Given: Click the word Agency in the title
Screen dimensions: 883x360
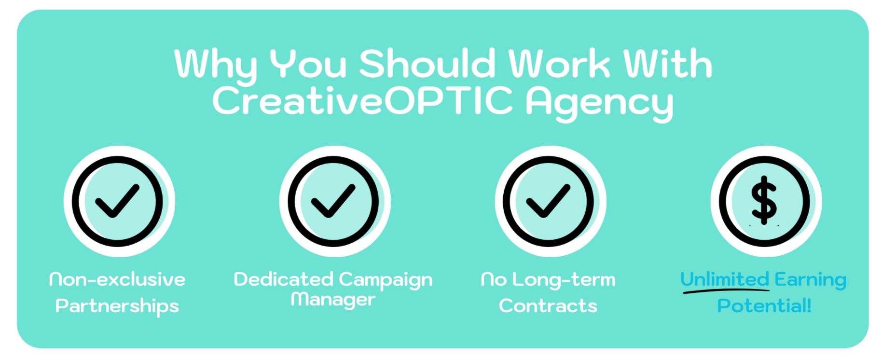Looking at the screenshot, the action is pyautogui.click(x=599, y=103).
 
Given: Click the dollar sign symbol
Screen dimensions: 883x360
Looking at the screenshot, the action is pyautogui.click(x=764, y=200).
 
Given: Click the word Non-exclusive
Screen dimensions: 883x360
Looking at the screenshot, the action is pyautogui.click(x=117, y=279).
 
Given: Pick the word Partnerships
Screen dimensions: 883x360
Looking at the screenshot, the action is pyautogui.click(x=117, y=306).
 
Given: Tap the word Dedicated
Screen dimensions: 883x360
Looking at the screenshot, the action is pyautogui.click(x=284, y=279).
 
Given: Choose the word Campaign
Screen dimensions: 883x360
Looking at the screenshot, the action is pyautogui.click(x=386, y=280).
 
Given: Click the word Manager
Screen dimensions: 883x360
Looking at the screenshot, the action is pyautogui.click(x=333, y=300).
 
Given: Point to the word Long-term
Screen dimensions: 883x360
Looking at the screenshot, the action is pyautogui.click(x=564, y=280).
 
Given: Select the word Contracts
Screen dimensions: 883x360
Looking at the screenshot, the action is pyautogui.click(x=548, y=306).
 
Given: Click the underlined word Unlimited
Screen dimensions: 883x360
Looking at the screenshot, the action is pyautogui.click(x=725, y=279).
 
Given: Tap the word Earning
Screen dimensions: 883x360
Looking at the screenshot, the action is pyautogui.click(x=811, y=280).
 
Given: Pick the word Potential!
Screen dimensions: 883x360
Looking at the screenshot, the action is pyautogui.click(x=764, y=305).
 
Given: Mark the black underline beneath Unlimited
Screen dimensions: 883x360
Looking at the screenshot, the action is pyautogui.click(x=726, y=291).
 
